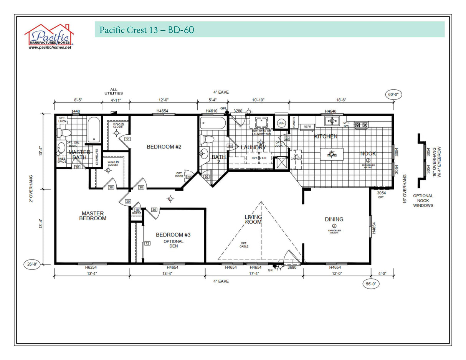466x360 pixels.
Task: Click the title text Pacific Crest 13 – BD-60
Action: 147,30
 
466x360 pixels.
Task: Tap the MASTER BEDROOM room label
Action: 93,216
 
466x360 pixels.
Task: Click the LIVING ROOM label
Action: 253,220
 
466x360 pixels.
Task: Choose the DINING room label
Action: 334,220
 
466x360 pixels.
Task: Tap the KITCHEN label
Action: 326,136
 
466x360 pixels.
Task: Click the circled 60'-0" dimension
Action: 393,95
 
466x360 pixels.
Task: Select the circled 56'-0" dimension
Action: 371,284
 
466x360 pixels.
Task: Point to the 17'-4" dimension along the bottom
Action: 254,273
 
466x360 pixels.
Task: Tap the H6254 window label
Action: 92,268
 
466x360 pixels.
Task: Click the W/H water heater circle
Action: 281,123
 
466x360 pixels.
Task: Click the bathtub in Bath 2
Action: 212,123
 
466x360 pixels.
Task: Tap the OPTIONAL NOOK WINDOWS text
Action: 423,200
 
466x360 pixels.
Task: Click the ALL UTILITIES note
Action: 114,91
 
